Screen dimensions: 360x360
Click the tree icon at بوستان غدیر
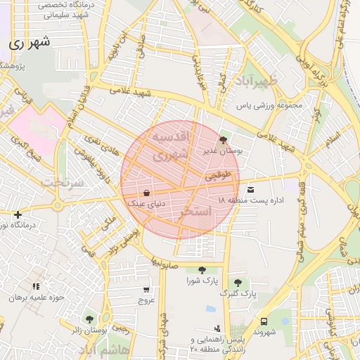click(224, 140)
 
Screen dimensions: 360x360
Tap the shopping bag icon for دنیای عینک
click(146, 193)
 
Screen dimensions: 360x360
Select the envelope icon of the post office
click(251, 189)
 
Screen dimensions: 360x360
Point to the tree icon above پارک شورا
click(202, 270)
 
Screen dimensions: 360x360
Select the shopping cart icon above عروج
click(146, 289)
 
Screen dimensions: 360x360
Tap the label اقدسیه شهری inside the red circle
click(171, 143)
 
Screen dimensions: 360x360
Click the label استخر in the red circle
click(195, 212)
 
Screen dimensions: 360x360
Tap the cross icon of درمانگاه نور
click(18, 214)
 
